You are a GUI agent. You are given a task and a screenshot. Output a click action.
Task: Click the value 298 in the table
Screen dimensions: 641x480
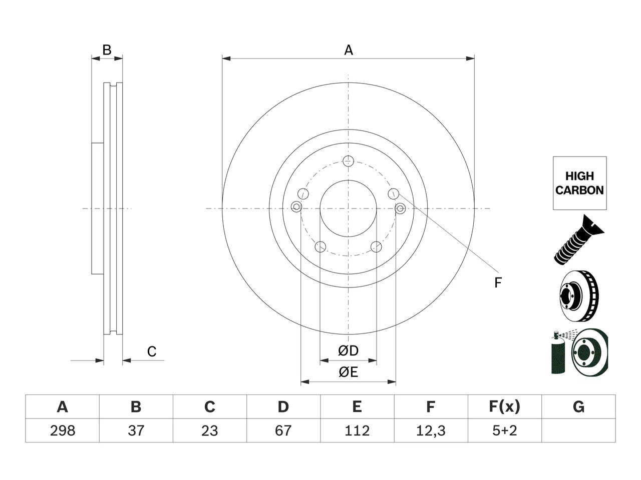63,430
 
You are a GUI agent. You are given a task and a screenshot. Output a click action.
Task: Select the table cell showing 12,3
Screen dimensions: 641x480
431,430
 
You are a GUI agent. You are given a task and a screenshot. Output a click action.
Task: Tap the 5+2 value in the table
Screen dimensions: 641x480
505,430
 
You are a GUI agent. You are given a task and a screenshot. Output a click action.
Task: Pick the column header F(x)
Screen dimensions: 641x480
505,406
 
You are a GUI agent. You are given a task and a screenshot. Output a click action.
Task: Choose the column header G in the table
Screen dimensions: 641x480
578,406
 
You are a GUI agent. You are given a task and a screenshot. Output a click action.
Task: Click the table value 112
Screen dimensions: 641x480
357,430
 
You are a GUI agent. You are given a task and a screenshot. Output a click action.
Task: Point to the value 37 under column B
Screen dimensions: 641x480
136,430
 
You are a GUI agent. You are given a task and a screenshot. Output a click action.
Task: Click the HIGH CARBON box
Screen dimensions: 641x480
580,183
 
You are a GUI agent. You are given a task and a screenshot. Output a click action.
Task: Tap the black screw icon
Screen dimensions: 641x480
579,239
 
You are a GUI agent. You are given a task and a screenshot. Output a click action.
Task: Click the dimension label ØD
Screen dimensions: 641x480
348,350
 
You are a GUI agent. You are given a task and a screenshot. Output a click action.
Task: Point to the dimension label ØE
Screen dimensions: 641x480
348,372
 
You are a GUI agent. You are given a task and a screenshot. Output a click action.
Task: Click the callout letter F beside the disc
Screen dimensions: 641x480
498,282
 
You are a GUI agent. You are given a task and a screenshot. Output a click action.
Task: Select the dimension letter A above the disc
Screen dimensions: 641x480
349,50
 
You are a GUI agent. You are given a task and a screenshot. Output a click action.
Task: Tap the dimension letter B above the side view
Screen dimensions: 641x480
107,50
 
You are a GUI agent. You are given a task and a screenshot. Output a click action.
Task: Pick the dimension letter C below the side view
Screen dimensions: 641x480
152,351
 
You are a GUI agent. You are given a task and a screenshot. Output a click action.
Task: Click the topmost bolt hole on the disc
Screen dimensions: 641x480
348,161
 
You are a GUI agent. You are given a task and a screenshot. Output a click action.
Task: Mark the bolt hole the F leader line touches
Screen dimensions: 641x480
393,193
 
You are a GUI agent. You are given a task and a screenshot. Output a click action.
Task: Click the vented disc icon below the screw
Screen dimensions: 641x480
579,296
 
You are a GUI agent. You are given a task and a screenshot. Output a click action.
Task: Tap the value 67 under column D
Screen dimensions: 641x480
283,430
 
